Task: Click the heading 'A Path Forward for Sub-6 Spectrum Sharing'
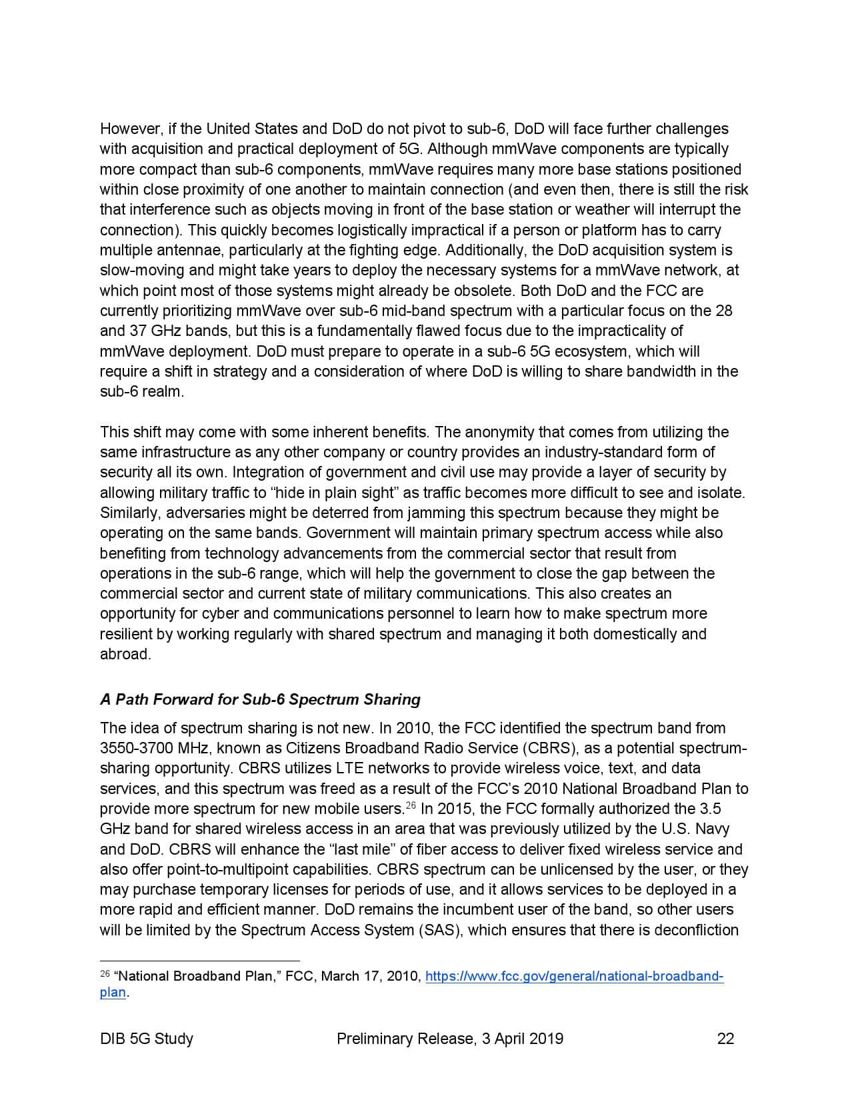tap(260, 699)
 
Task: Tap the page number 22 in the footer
tap(725, 1038)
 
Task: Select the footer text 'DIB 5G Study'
tap(147, 1038)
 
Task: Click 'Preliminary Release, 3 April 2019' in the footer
tap(450, 1038)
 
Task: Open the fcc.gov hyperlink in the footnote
tap(574, 977)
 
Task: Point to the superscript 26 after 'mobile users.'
tap(411, 805)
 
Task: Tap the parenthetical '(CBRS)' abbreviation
tap(547, 748)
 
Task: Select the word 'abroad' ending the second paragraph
tap(124, 654)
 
